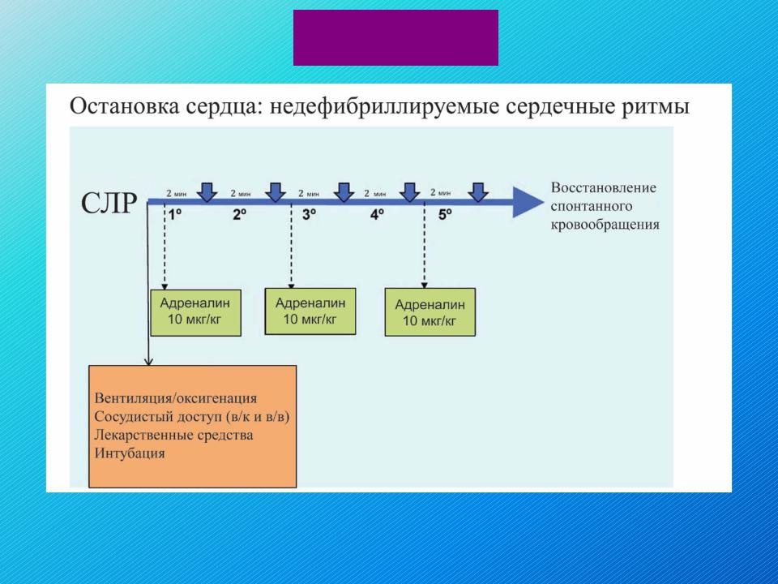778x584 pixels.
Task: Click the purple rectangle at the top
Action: pyautogui.click(x=395, y=38)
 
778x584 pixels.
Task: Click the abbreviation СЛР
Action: pyautogui.click(x=109, y=203)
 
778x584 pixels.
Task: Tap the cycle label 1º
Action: pyautogui.click(x=175, y=214)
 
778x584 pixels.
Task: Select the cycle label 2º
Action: pyautogui.click(x=240, y=214)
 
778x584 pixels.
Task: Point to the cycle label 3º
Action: pyautogui.click(x=309, y=214)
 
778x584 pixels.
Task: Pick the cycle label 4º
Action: pyautogui.click(x=377, y=214)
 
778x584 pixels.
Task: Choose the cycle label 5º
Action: pyautogui.click(x=445, y=214)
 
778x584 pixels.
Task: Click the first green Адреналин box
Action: pyautogui.click(x=195, y=313)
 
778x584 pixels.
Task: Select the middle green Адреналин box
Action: pyautogui.click(x=310, y=311)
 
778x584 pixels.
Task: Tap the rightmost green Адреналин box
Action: pyautogui.click(x=430, y=312)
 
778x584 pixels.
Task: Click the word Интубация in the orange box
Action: pyautogui.click(x=130, y=453)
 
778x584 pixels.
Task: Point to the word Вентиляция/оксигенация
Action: pyautogui.click(x=176, y=398)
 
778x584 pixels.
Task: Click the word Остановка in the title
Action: pyautogui.click(x=124, y=106)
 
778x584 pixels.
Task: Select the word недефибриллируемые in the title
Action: pyautogui.click(x=384, y=107)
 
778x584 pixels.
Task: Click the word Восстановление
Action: pyautogui.click(x=603, y=187)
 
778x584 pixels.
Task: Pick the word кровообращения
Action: pyautogui.click(x=605, y=225)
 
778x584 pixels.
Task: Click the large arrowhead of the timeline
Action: pyautogui.click(x=528, y=202)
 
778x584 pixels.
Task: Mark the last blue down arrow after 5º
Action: pyautogui.click(x=478, y=192)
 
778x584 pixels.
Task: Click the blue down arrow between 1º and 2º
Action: pyautogui.click(x=207, y=192)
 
